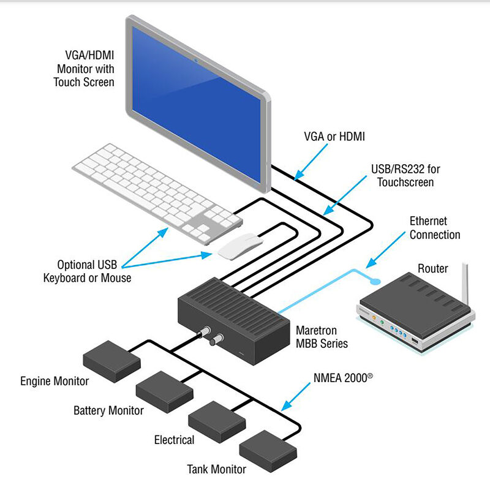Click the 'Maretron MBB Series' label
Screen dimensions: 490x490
322,336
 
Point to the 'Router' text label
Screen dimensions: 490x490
432,268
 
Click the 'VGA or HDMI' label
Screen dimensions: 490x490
334,137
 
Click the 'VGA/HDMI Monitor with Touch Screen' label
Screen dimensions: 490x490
85,68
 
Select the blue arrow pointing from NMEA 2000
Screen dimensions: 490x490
299,396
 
